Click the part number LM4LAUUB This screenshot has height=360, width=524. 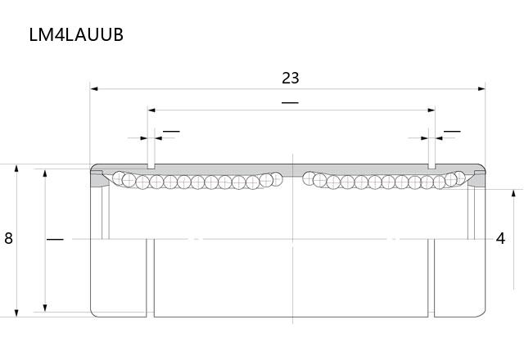76,34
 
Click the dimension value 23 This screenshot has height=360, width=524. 291,79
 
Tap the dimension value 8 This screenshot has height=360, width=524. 8,238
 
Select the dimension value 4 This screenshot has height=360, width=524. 500,238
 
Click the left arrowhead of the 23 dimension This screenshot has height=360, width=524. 94,89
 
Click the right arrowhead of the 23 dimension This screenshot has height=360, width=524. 481,89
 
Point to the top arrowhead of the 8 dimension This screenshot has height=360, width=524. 16,168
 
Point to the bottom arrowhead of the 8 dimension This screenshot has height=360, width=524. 16,313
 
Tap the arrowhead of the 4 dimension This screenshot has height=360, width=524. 513,193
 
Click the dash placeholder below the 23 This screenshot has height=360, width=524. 290,102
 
